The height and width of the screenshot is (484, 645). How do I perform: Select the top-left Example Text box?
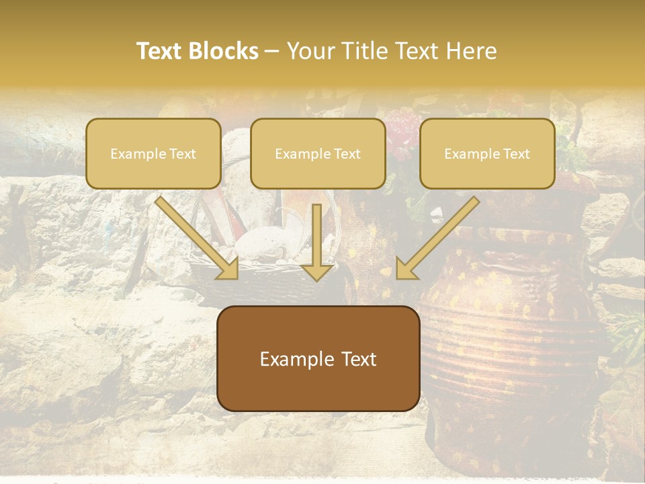pos(153,153)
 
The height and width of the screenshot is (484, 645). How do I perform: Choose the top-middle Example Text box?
pos(318,153)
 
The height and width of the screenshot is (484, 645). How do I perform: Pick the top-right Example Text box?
pos(487,153)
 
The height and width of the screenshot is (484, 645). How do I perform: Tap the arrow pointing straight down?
pos(317,242)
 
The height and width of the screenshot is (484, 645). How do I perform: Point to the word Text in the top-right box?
pos(515,154)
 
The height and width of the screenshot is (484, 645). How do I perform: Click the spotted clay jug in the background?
pos(511,336)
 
